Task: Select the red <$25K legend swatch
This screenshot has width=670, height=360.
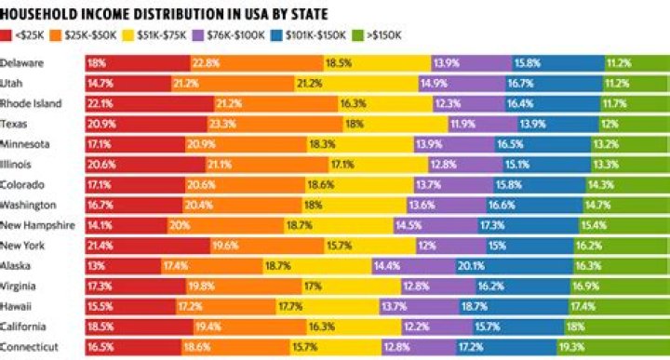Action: (8, 34)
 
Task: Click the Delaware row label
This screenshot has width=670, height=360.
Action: (23, 63)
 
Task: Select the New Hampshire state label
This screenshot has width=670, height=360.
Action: (35, 224)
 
